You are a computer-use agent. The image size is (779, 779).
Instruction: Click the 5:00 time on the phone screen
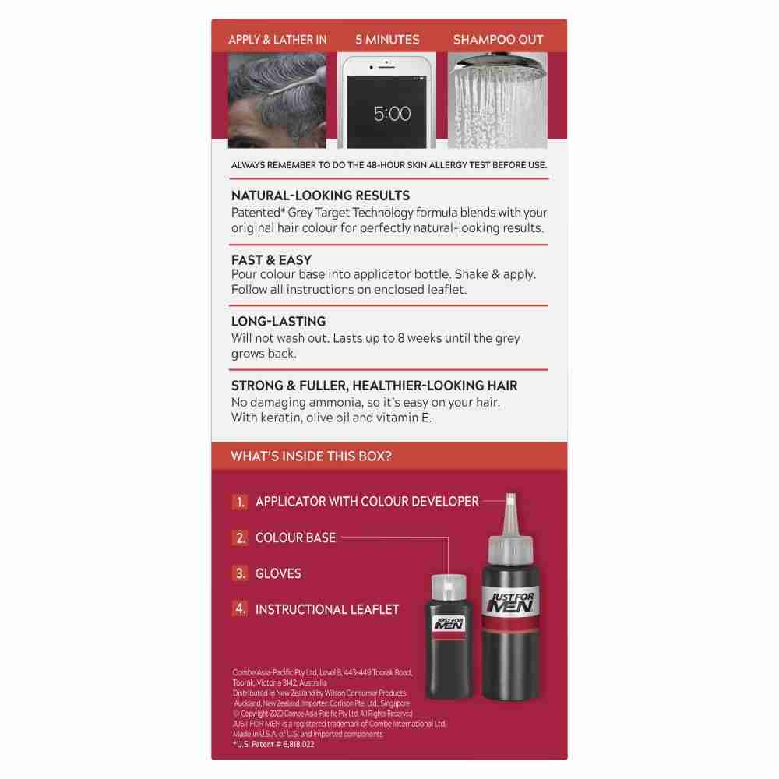pyautogui.click(x=392, y=114)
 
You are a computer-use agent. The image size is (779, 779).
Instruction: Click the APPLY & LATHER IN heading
pyautogui.click(x=278, y=40)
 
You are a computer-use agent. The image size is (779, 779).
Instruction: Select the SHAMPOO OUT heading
pyautogui.click(x=498, y=40)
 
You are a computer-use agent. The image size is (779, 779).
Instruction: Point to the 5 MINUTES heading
pyautogui.click(x=387, y=40)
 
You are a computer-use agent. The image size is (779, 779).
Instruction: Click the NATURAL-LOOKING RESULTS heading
pyautogui.click(x=320, y=196)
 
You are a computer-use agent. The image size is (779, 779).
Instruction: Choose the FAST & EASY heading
pyautogui.click(x=271, y=260)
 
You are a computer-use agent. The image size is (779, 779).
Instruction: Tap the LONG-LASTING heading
pyautogui.click(x=278, y=322)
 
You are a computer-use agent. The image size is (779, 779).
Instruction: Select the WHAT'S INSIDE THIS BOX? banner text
pyautogui.click(x=311, y=456)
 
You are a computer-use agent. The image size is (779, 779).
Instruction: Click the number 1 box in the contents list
pyautogui.click(x=240, y=502)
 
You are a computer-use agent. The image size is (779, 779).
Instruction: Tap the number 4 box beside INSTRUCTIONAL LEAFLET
pyautogui.click(x=240, y=608)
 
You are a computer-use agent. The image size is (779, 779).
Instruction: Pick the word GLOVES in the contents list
pyautogui.click(x=278, y=574)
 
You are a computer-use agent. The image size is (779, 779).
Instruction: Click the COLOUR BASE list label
pyautogui.click(x=295, y=538)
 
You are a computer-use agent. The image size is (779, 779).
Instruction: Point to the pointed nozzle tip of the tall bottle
pyautogui.click(x=510, y=495)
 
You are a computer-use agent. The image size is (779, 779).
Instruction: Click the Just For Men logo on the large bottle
pyautogui.click(x=511, y=602)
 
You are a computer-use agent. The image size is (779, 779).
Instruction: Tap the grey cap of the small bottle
pyautogui.click(x=449, y=587)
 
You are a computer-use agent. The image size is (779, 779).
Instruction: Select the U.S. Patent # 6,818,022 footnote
pyautogui.click(x=273, y=744)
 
